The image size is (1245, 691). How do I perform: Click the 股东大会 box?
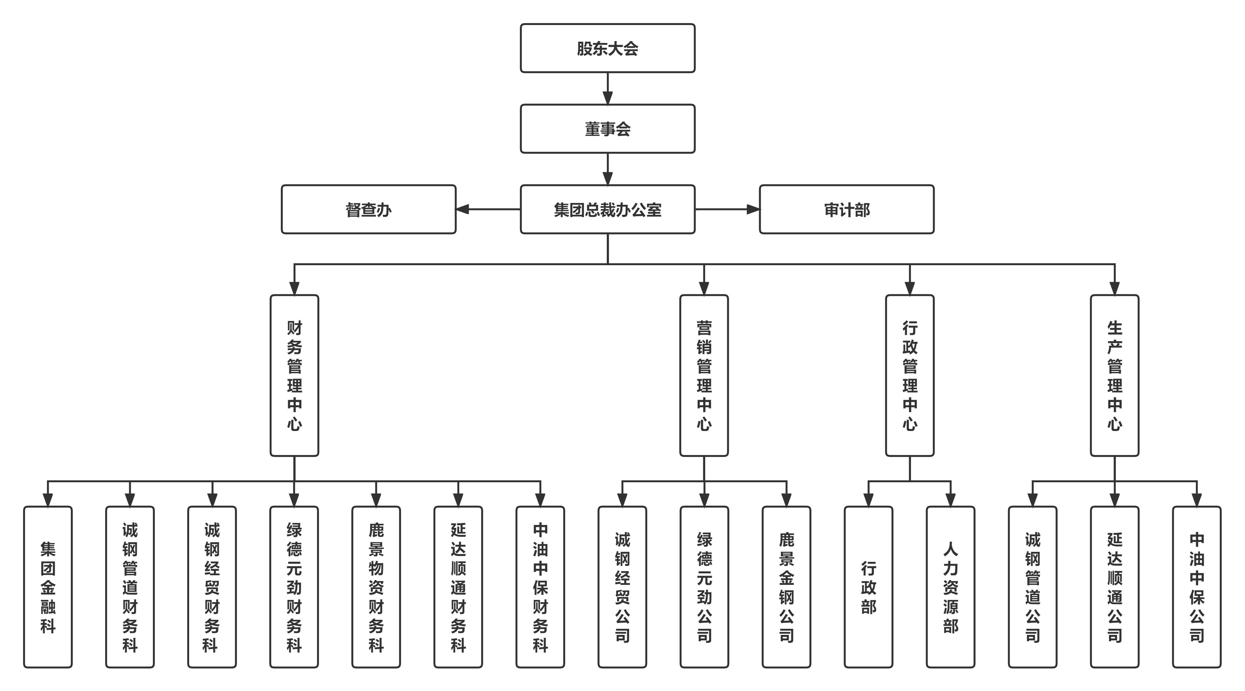coord(607,48)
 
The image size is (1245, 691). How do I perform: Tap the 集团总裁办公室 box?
coord(607,209)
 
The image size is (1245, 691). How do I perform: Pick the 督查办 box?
coord(368,209)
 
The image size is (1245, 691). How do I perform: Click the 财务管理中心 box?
coord(294,375)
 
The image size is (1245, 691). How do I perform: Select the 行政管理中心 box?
coord(910,375)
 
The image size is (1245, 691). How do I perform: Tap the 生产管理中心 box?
coord(1115,375)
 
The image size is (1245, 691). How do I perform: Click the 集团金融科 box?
coord(48,587)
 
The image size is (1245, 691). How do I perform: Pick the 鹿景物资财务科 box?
coord(376,587)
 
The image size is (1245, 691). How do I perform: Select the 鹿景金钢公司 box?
coord(786,587)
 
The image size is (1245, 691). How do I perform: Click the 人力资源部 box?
coord(950,587)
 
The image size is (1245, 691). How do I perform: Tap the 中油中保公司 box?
coord(1196,587)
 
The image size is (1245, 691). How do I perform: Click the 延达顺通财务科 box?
coord(458,587)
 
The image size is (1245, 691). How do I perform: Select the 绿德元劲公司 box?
coord(704,587)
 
